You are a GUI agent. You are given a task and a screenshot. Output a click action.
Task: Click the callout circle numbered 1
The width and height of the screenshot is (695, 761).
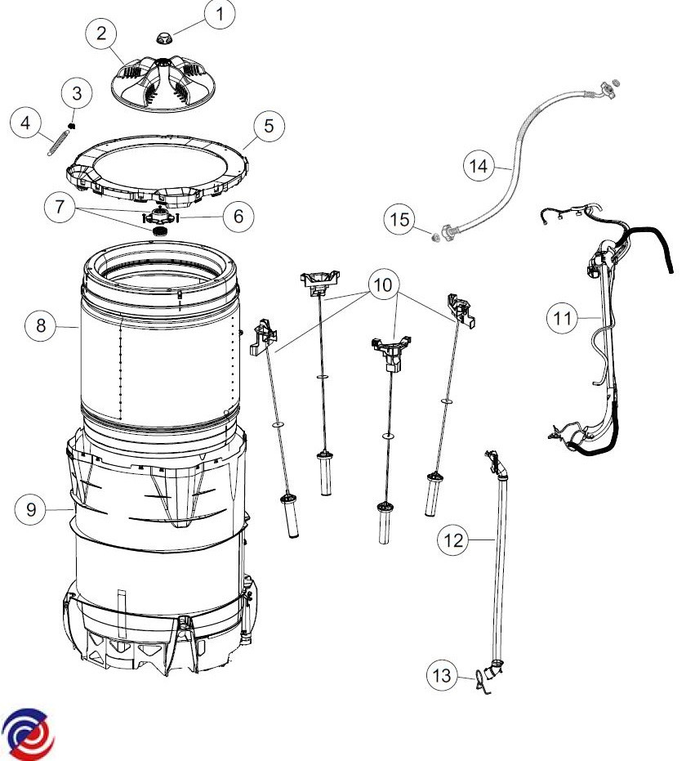(x=220, y=14)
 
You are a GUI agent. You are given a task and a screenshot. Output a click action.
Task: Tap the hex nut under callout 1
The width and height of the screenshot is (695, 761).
(x=163, y=37)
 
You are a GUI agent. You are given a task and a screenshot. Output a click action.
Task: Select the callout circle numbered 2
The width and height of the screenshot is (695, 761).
(x=101, y=34)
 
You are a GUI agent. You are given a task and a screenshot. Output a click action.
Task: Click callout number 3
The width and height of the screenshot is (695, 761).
(x=77, y=93)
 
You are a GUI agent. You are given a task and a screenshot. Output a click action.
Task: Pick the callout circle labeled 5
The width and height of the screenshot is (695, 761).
(x=270, y=126)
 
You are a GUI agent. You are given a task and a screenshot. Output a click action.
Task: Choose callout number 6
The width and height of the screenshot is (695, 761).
(x=238, y=216)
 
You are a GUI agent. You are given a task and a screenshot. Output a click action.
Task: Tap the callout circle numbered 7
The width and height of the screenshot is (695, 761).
(x=60, y=207)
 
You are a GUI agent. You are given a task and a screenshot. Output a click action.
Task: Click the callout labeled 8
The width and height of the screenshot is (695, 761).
(x=41, y=325)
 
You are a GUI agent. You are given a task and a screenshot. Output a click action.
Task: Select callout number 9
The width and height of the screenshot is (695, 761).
(x=31, y=509)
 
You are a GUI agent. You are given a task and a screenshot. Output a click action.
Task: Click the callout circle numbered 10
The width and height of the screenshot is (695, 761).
(x=384, y=284)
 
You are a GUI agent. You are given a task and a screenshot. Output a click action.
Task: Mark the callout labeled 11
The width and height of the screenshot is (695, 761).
(x=563, y=319)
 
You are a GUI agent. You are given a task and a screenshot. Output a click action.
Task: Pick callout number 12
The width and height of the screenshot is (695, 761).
(x=453, y=539)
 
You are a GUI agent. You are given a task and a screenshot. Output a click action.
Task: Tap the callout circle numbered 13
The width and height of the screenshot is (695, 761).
(x=442, y=675)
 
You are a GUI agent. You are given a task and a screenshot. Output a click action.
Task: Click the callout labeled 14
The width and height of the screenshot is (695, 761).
(x=479, y=166)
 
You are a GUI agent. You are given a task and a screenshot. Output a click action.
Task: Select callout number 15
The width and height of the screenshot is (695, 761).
(x=399, y=219)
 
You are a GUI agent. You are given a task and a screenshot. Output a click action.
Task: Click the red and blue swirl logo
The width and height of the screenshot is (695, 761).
(x=27, y=734)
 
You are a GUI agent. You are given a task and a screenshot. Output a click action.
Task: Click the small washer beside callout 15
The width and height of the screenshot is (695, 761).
(x=435, y=237)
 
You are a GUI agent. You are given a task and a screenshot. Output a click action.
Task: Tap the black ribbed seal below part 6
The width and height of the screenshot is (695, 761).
(x=160, y=231)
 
